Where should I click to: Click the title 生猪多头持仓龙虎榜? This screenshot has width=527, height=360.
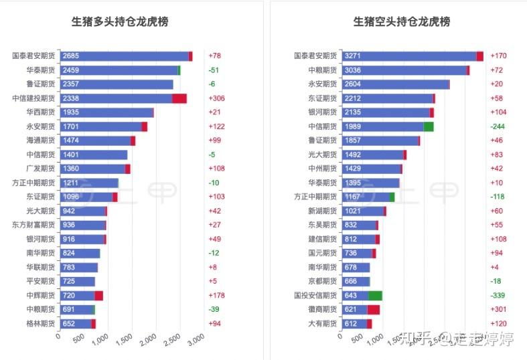click(x=120, y=22)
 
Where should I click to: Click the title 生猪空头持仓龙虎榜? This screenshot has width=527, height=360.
click(x=402, y=22)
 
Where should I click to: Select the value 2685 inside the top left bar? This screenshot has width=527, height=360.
click(x=70, y=56)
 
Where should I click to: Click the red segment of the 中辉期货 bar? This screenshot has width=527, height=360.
click(x=98, y=295)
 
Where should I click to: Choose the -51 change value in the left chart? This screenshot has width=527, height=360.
click(x=214, y=70)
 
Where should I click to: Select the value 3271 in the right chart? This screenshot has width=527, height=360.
click(x=353, y=56)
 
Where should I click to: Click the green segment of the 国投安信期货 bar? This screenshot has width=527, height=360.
click(x=375, y=295)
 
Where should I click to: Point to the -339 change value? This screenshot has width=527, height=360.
click(x=498, y=295)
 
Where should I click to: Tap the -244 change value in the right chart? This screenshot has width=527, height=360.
click(x=498, y=126)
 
